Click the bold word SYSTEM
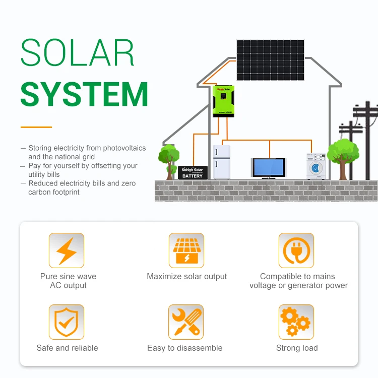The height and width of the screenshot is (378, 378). point(84,94)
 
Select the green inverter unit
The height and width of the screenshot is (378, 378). point(223,101)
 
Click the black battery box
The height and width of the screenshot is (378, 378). point(192,172)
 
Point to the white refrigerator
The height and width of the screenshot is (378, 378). point(221,162)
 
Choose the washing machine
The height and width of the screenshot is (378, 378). point(316,166)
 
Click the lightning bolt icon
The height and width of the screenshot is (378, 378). point(67,250)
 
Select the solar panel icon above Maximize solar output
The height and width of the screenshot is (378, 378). point(186,250)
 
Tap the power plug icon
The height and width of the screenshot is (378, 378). point(296,250)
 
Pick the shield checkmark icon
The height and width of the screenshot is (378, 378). point(67,322)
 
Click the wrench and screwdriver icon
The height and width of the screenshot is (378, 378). point(186,322)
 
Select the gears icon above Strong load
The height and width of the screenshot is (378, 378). point(296,322)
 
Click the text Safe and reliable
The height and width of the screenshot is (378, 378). point(67,348)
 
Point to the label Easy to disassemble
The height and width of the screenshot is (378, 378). point(184,348)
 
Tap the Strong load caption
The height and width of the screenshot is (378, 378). point(297,348)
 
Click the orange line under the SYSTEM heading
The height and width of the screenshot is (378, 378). point(36,127)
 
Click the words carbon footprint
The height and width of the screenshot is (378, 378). point(54,192)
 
